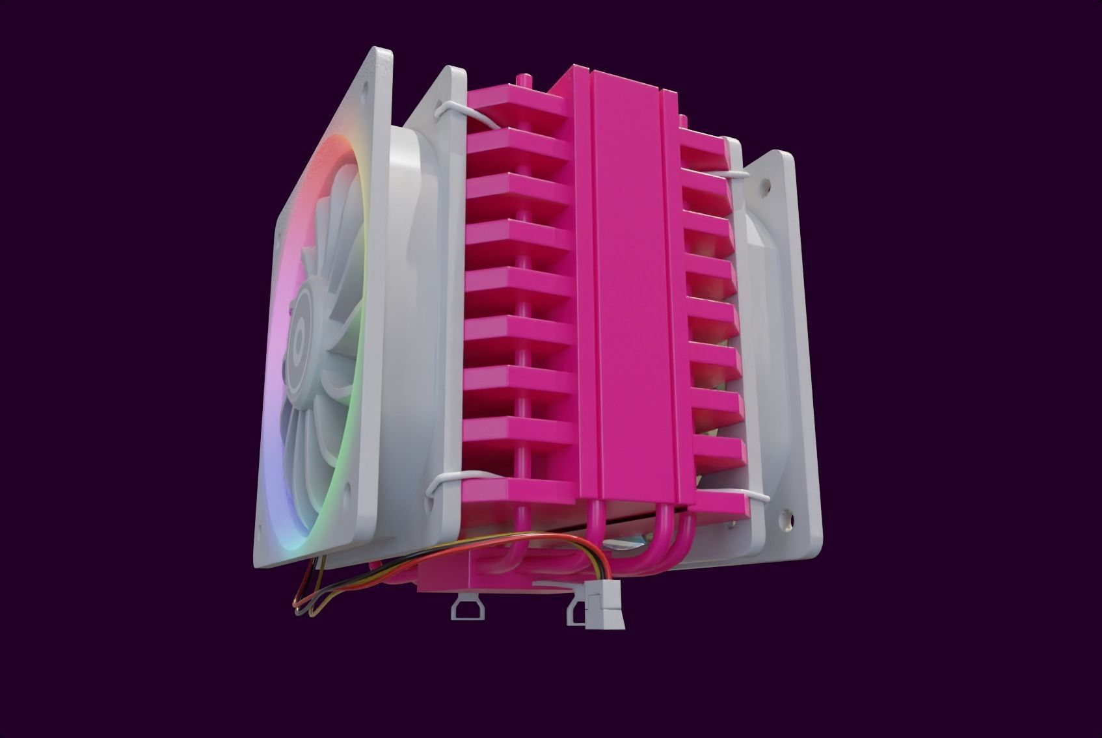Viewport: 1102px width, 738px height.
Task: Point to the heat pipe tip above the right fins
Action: click(x=682, y=120)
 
